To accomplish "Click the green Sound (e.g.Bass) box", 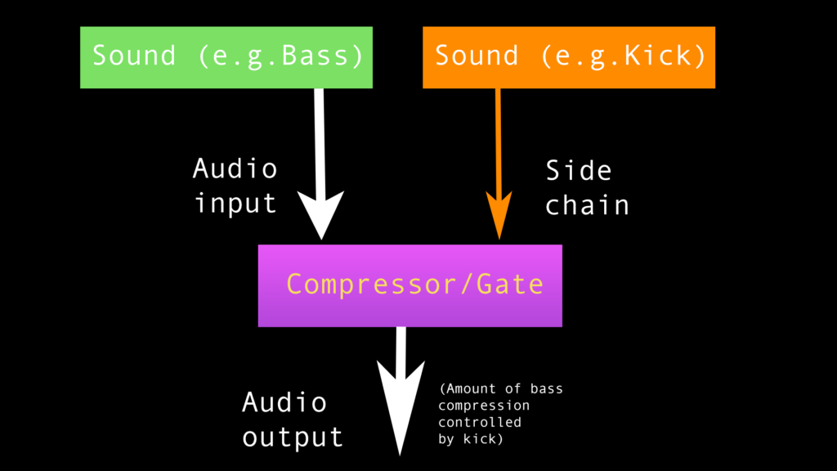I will pos(226,57).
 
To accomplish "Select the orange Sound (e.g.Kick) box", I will pos(569,57).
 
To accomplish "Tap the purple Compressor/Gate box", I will pos(410,285).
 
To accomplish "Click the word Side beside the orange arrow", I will pos(578,170).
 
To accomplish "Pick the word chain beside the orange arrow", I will pos(587,204).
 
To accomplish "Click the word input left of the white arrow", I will pos(235,203).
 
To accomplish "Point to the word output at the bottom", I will pos(293,437).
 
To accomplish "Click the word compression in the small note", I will pos(484,406).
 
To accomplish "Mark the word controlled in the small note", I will pos(480,422).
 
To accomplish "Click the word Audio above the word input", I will pos(235,168).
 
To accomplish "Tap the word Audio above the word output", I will pos(284,402).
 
